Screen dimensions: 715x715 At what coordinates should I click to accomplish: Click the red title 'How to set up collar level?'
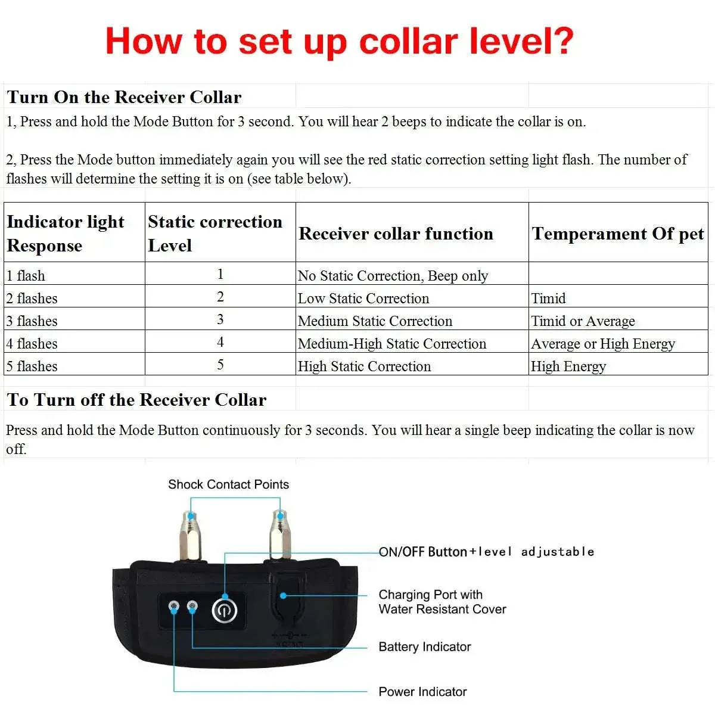coord(340,41)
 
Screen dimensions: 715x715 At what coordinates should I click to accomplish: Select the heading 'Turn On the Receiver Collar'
coord(124,97)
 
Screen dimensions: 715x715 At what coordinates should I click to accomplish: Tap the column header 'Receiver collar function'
coord(396,234)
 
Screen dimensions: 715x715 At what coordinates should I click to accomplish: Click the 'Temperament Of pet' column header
coord(618,234)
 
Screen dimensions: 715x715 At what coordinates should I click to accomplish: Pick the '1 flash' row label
coord(26,275)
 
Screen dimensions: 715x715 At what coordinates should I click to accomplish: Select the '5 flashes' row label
coord(32,366)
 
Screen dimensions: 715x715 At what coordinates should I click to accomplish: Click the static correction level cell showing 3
coord(220,319)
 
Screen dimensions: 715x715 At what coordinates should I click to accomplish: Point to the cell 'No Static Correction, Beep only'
coord(393,275)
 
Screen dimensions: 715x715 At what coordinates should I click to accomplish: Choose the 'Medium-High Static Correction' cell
coord(391,343)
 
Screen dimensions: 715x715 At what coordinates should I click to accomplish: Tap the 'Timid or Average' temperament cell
coord(583,321)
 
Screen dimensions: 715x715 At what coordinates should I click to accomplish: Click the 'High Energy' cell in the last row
coord(568,366)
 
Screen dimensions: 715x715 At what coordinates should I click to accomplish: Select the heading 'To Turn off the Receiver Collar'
coord(136,400)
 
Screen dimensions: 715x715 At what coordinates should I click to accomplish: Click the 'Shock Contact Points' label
coord(228,484)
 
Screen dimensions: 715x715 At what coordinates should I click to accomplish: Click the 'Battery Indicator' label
coord(424,646)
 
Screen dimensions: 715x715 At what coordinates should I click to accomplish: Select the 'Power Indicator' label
coord(422,692)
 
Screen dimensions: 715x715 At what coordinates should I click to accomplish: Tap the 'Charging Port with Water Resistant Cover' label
coord(442,602)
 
